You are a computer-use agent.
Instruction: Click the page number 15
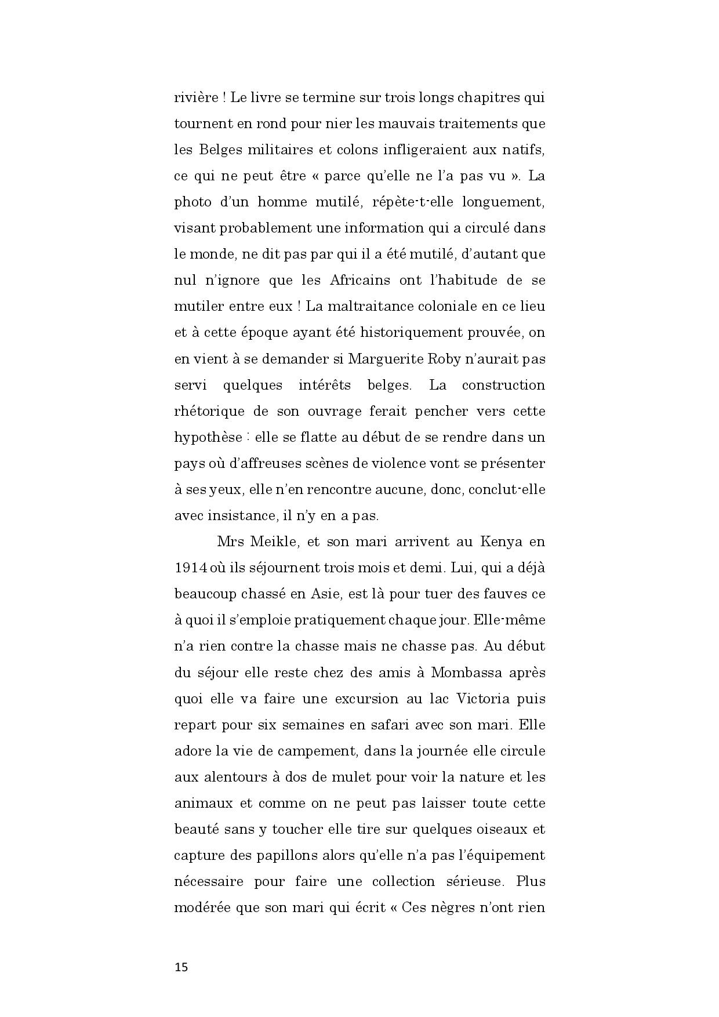pos(181,967)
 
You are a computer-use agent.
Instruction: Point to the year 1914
pos(191,568)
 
